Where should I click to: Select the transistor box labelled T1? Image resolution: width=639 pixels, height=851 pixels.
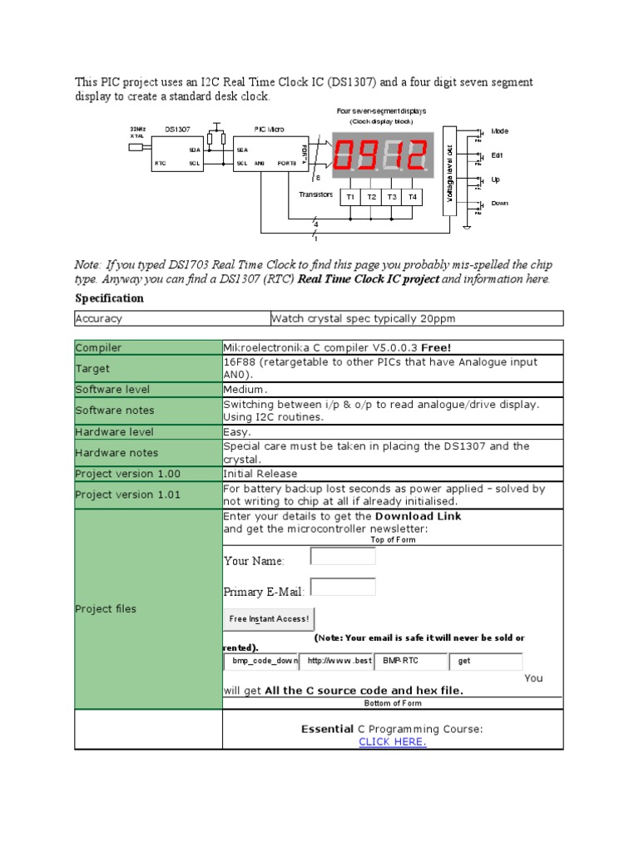point(350,197)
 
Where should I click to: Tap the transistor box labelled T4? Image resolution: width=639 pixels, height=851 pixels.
point(413,197)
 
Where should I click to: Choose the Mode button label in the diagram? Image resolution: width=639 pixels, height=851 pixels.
point(499,131)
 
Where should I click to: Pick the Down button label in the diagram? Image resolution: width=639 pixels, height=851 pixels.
point(500,203)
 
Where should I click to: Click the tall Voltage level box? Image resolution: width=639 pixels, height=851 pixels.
point(450,170)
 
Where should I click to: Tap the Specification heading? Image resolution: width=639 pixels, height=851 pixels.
point(109,298)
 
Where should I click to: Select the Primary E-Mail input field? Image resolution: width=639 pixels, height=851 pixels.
point(343,588)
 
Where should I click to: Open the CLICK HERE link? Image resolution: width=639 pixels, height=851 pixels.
point(392,742)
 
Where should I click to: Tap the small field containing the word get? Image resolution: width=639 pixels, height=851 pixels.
point(486,662)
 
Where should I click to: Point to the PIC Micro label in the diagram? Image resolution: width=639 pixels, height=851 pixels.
point(270,130)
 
